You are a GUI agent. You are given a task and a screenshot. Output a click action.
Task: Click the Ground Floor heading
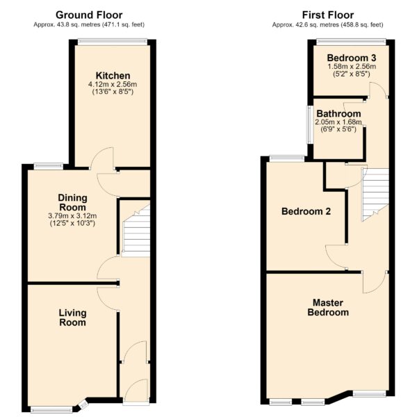(x=89, y=15)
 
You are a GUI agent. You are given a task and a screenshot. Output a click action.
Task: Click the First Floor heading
(x=328, y=15)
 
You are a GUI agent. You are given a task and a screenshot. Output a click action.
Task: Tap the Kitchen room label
(x=113, y=76)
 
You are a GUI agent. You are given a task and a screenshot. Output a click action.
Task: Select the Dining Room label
(x=72, y=202)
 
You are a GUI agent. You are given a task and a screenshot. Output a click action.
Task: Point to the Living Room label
(x=72, y=318)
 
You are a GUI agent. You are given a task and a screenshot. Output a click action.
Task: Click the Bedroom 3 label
(x=352, y=58)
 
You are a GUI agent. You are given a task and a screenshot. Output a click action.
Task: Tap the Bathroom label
(x=338, y=114)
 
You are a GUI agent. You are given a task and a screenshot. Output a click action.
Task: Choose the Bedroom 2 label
(x=306, y=211)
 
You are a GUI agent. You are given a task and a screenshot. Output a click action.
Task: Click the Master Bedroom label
(x=328, y=307)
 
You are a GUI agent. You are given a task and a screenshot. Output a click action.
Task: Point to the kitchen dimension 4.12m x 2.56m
(x=113, y=85)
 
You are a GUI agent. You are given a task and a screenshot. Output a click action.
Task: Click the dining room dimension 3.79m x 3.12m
(x=72, y=215)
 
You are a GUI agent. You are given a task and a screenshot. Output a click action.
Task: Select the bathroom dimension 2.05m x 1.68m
(x=338, y=122)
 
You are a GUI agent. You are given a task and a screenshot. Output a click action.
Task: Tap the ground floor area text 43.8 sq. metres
(x=78, y=25)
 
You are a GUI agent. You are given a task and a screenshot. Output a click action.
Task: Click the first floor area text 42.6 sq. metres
(x=317, y=25)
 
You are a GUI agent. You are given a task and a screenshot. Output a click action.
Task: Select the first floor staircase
(x=375, y=195)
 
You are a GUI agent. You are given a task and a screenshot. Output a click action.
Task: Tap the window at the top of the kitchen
(x=113, y=42)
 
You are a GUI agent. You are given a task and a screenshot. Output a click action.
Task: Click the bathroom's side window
(x=310, y=124)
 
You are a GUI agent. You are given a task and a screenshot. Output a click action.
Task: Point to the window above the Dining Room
(x=49, y=167)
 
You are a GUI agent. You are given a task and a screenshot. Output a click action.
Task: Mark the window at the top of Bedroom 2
(x=287, y=158)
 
